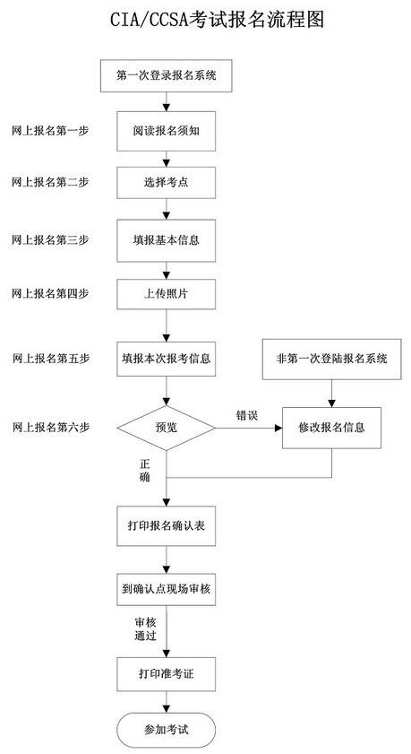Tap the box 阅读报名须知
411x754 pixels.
167,131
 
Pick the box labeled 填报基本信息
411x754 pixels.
167,239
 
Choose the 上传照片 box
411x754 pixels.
167,292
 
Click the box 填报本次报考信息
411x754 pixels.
167,359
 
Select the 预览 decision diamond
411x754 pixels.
167,428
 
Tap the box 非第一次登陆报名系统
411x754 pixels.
332,359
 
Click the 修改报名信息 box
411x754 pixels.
332,428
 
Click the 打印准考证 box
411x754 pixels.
167,672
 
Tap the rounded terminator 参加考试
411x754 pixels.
167,729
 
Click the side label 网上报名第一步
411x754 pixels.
50,131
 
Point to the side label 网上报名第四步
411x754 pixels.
50,293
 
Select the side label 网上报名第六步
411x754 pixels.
50,428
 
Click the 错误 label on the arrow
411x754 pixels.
247,415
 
